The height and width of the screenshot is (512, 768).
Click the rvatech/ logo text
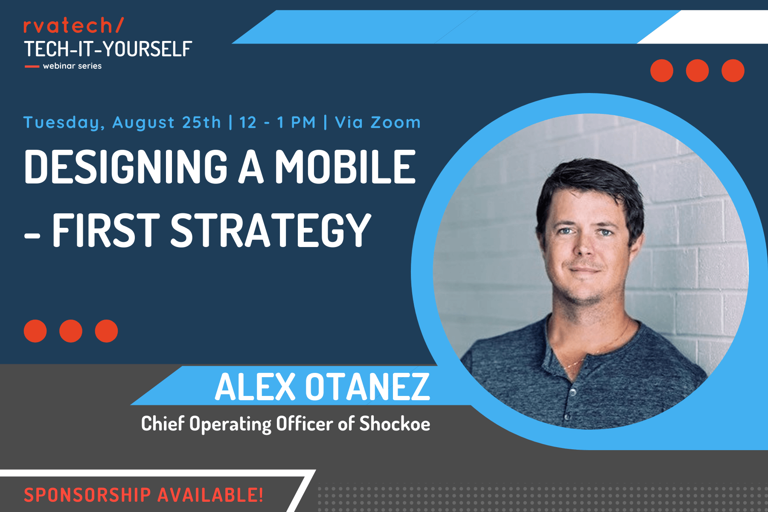pos(73,25)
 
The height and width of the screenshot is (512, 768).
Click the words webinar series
pos(72,66)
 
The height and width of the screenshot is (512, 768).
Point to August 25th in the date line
pos(167,122)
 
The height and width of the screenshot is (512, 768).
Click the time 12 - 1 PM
pos(277,122)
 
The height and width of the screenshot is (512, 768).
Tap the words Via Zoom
pos(378,122)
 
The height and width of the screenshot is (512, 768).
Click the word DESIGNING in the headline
pos(126,167)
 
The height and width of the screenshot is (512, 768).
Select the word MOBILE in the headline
pos(345,167)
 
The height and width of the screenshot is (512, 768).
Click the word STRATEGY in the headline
pos(271,230)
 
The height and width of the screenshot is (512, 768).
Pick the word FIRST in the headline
pos(106,230)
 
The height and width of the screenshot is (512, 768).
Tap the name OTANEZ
pos(367,387)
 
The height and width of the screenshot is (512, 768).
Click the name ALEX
pos(255,387)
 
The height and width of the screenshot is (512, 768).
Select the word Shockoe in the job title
pos(395,424)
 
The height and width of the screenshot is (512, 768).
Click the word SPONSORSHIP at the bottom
pos(87,495)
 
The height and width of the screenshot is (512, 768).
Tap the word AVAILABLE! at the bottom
pos(210,495)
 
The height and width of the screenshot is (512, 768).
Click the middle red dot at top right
pos(697,70)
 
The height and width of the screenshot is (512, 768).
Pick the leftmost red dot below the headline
pos(35,331)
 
